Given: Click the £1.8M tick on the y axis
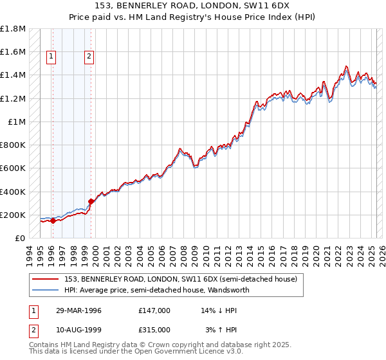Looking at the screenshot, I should pyautogui.click(x=13, y=29).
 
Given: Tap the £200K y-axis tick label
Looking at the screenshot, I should pyautogui.click(x=13, y=215).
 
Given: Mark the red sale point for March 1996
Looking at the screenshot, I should pyautogui.click(x=53, y=221).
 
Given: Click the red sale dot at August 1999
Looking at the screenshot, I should pyautogui.click(x=91, y=201).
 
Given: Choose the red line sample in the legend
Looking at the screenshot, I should pyautogui.click(x=46, y=280).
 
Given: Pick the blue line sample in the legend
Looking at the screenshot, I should pyautogui.click(x=46, y=291).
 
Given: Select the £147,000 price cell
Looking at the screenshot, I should pyautogui.click(x=154, y=310).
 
